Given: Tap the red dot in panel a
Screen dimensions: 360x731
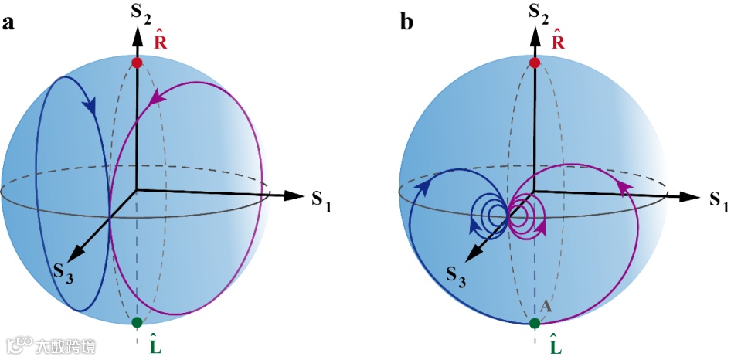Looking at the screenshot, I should click(137, 63).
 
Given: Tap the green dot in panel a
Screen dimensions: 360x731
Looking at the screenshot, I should click(137, 321).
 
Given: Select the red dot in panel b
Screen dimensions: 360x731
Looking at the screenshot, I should click(534, 63).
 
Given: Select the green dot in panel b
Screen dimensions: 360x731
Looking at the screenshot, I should click(534, 321).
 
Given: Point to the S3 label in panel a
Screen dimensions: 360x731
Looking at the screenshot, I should click(63, 273).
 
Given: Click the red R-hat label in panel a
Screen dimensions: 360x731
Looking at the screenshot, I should click(160, 42).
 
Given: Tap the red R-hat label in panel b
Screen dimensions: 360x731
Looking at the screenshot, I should click(556, 42).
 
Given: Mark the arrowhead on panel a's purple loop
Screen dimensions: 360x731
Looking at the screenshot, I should click(159, 97).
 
